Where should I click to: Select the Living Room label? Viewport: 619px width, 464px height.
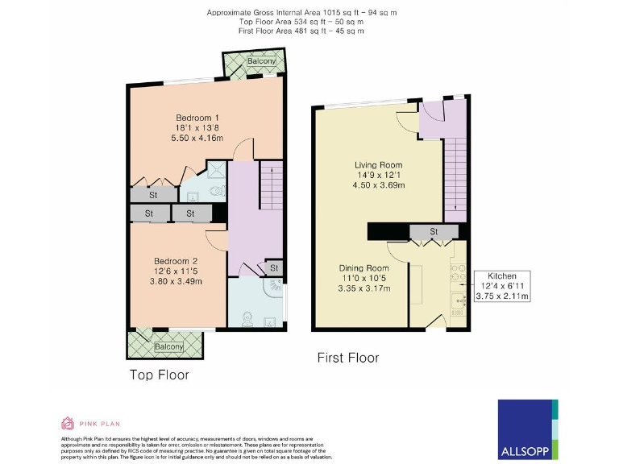tap(380, 165)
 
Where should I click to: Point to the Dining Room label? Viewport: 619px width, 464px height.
tap(365, 267)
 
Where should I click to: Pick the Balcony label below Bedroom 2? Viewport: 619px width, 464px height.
tap(168, 346)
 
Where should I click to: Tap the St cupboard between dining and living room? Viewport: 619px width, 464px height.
tap(433, 233)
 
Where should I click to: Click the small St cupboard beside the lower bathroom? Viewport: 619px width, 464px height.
tap(273, 268)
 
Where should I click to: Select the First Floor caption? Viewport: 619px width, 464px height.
tap(347, 357)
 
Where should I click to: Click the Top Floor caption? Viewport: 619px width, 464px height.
tap(160, 375)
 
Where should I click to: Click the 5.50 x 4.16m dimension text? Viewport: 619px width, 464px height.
tap(178, 139)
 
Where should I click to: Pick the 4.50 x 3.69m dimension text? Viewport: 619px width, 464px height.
tap(380, 185)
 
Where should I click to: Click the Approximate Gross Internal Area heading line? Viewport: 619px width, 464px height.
tap(302, 13)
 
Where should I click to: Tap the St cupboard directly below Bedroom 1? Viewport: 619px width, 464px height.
tap(152, 195)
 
